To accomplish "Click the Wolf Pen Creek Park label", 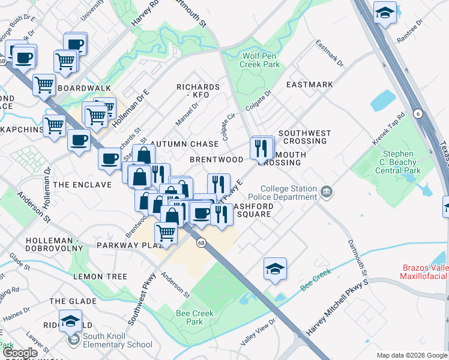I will (261, 59).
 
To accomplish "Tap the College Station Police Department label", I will (288, 193).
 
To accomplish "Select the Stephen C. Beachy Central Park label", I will (391, 162).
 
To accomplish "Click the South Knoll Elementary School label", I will (118, 340).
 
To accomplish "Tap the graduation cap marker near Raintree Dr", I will (385, 13).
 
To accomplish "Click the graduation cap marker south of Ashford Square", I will (275, 268).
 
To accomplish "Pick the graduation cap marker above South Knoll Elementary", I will (70, 320).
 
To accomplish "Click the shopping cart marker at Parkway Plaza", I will (166, 232).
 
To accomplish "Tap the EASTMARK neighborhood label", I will (309, 85).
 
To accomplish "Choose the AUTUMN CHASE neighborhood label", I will (184, 145).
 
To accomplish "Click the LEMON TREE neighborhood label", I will (100, 277).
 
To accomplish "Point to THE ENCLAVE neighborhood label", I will (82, 185).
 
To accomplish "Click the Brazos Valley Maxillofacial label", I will (423, 272).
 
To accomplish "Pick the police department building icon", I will (327, 192).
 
